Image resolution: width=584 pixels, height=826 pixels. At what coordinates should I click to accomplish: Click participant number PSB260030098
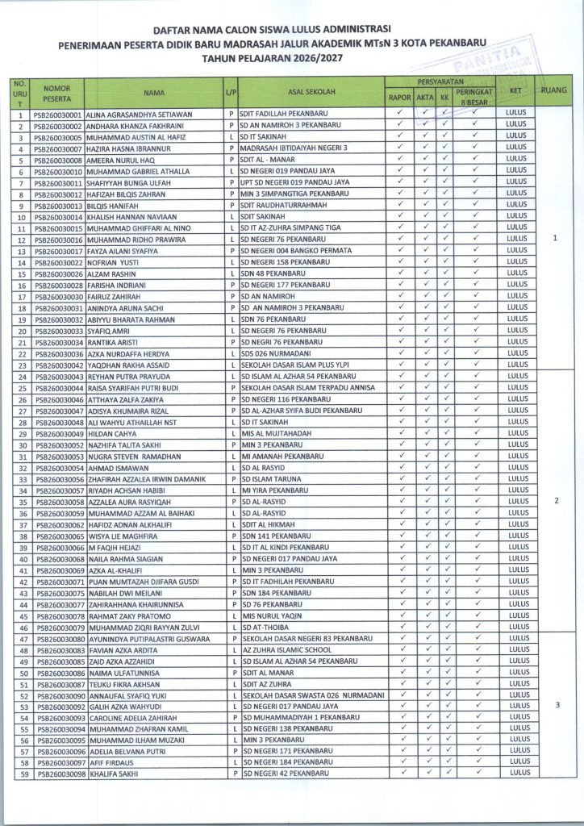point(59,774)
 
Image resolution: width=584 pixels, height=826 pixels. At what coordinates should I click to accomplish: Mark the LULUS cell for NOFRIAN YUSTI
point(516,262)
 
